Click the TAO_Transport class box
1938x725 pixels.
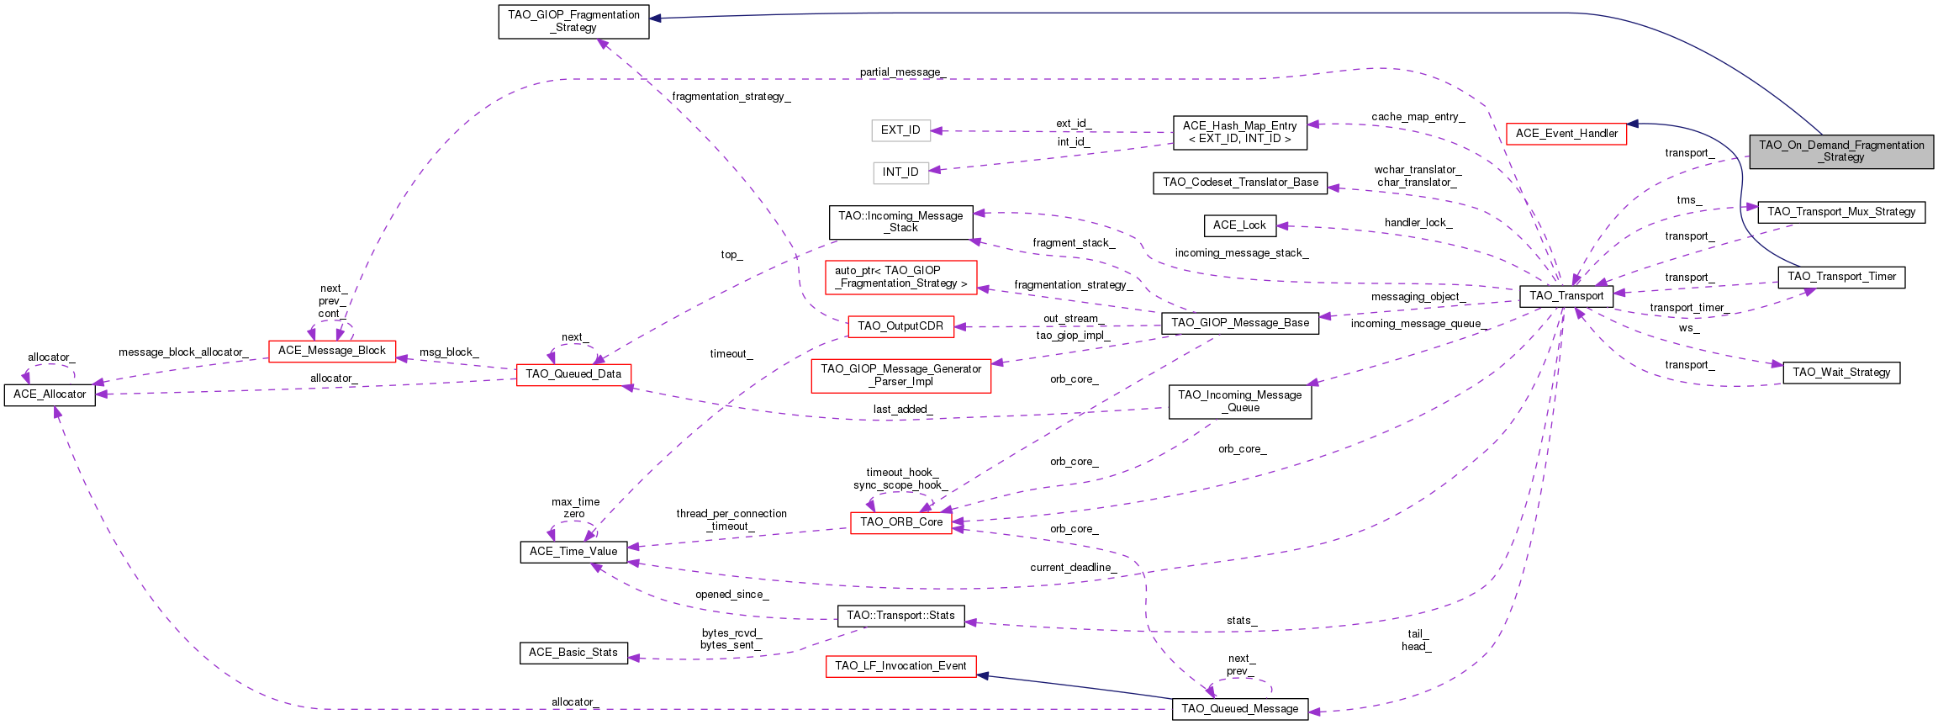click(x=1566, y=296)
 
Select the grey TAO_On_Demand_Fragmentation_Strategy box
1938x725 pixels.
click(x=1841, y=151)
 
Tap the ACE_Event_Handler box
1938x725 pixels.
click(x=1566, y=134)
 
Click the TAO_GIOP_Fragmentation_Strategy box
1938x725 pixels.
click(x=573, y=21)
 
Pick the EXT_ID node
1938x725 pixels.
click(x=900, y=130)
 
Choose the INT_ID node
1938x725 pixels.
click(x=900, y=172)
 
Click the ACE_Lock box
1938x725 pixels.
click(x=1239, y=225)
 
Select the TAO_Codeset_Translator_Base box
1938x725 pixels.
click(x=1240, y=183)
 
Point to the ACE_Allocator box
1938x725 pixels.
click(x=50, y=394)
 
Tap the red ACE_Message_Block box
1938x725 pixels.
click(x=331, y=351)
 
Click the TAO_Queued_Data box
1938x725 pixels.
click(x=573, y=374)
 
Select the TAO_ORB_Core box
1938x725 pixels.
click(x=900, y=522)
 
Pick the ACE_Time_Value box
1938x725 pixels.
click(x=573, y=552)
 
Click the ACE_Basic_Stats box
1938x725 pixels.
click(x=573, y=653)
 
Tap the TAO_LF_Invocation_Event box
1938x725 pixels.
click(x=900, y=666)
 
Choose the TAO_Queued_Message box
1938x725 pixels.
click(x=1239, y=709)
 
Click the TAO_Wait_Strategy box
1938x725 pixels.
click(x=1840, y=373)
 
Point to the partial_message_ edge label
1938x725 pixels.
click(x=902, y=72)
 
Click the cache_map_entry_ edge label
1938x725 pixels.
click(x=1418, y=117)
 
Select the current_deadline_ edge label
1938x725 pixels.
click(x=1073, y=568)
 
